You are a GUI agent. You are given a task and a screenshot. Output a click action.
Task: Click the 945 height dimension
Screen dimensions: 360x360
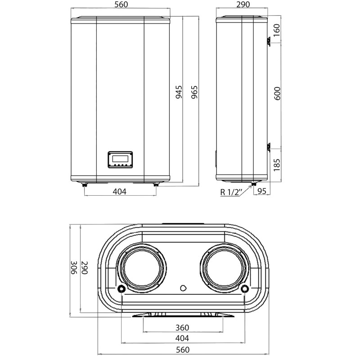coord(179,92)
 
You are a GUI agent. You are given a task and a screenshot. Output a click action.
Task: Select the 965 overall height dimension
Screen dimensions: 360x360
coord(195,92)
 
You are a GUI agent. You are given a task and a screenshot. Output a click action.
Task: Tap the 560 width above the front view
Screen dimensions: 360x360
coord(121,5)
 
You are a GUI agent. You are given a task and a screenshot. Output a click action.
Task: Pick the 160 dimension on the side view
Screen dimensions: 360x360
coord(277,30)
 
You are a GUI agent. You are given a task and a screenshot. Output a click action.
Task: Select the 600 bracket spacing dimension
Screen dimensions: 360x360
coord(277,93)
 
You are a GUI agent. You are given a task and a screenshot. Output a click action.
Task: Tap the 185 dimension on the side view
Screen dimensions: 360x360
coord(277,164)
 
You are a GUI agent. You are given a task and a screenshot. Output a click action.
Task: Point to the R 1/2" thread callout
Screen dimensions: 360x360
coord(232,192)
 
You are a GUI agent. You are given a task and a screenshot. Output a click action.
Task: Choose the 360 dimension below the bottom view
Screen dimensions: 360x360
coord(182,328)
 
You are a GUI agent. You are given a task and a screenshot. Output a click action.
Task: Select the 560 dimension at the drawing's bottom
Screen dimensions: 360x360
coord(182,350)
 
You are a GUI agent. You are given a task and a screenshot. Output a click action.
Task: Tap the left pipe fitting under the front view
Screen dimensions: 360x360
coord(85,184)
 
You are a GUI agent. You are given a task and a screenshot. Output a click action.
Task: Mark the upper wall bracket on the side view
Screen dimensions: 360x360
coord(267,41)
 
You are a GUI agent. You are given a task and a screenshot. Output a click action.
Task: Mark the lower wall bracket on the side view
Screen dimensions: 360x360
coord(267,146)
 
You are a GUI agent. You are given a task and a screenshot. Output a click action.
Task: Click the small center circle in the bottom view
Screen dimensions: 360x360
coord(182,288)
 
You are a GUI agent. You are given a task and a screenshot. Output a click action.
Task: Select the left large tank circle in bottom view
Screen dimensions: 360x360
coord(142,268)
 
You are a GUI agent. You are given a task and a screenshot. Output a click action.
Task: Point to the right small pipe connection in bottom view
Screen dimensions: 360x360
coord(245,288)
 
